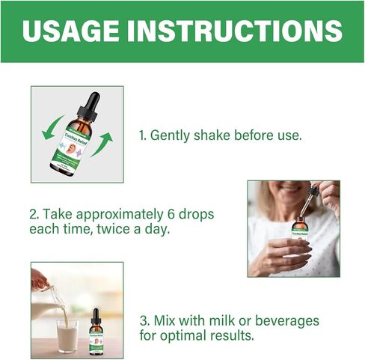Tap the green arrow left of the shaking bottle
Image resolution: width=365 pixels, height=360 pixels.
50,126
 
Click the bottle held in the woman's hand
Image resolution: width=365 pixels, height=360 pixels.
300,228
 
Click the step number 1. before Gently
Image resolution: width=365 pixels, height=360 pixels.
143,135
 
